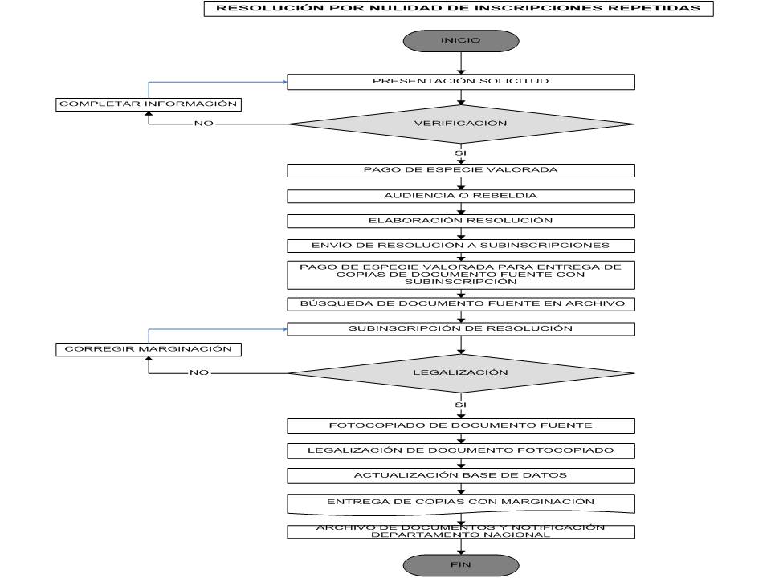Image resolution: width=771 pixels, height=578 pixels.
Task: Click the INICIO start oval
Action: [x=461, y=41]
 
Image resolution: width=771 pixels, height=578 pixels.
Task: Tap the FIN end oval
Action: [x=461, y=565]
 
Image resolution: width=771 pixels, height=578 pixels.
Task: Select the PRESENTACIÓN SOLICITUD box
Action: [x=461, y=82]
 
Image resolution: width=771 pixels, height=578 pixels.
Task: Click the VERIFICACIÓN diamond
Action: [x=461, y=124]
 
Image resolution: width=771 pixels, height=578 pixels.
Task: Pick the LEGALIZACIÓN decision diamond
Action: [x=461, y=373]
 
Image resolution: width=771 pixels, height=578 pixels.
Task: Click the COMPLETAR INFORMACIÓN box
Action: [x=149, y=104]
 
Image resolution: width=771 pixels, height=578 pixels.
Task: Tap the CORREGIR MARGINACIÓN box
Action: [x=149, y=349]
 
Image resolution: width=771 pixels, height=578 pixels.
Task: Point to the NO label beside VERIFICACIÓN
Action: [x=203, y=124]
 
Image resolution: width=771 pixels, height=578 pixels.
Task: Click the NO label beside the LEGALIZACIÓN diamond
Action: [x=199, y=372]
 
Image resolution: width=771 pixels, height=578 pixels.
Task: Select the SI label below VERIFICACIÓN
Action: [x=460, y=153]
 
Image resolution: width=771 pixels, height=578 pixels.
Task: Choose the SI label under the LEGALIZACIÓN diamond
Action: [x=460, y=405]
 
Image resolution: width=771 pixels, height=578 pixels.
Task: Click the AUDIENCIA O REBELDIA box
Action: [x=461, y=196]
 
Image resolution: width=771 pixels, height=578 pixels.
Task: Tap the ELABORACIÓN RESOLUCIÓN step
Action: [x=461, y=222]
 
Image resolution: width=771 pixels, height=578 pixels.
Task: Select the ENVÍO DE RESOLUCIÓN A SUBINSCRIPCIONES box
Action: [x=461, y=246]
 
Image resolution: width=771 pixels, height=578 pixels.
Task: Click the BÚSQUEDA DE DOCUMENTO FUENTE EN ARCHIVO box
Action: [x=461, y=304]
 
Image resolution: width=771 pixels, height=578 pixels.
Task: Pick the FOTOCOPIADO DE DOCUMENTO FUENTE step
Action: [x=461, y=426]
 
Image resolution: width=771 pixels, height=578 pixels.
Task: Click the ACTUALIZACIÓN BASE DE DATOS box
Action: [x=461, y=476]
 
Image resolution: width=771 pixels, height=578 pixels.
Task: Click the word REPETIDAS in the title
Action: [x=659, y=8]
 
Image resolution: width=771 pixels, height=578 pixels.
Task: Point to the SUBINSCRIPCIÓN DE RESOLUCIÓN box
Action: [x=461, y=329]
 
